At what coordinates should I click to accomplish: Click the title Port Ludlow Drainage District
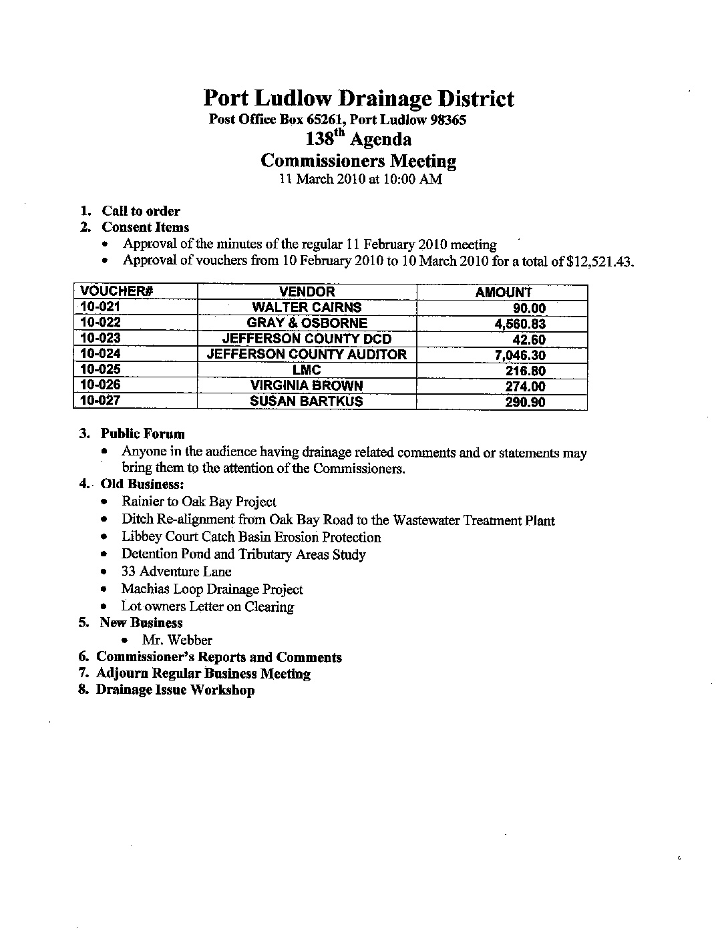(359, 99)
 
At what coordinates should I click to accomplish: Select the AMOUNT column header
(503, 293)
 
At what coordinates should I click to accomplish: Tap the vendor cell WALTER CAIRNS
(307, 307)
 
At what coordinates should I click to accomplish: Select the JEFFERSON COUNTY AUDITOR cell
(307, 354)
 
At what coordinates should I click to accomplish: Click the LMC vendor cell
(307, 370)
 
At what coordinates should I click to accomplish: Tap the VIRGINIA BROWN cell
(307, 385)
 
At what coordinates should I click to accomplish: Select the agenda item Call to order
(140, 211)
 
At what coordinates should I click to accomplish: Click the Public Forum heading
(142, 434)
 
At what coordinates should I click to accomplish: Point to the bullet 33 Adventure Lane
(176, 572)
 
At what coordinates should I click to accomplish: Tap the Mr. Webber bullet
(177, 640)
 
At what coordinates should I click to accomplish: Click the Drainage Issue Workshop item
(175, 690)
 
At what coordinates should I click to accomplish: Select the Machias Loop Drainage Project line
(212, 589)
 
